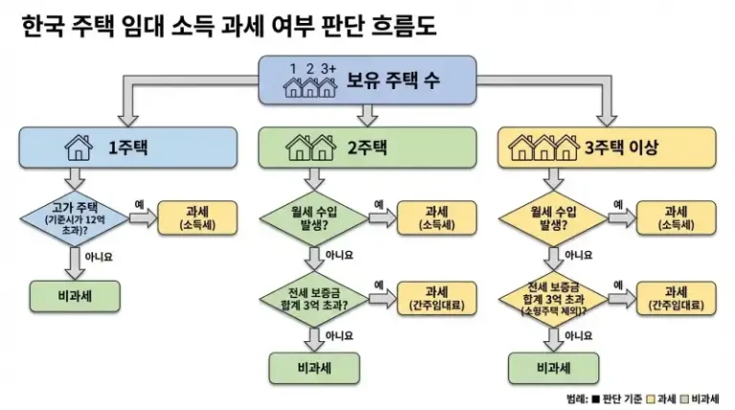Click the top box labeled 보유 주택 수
[x=367, y=80]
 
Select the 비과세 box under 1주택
[x=75, y=296]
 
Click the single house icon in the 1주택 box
[x=76, y=148]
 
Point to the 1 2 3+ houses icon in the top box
[x=312, y=80]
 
